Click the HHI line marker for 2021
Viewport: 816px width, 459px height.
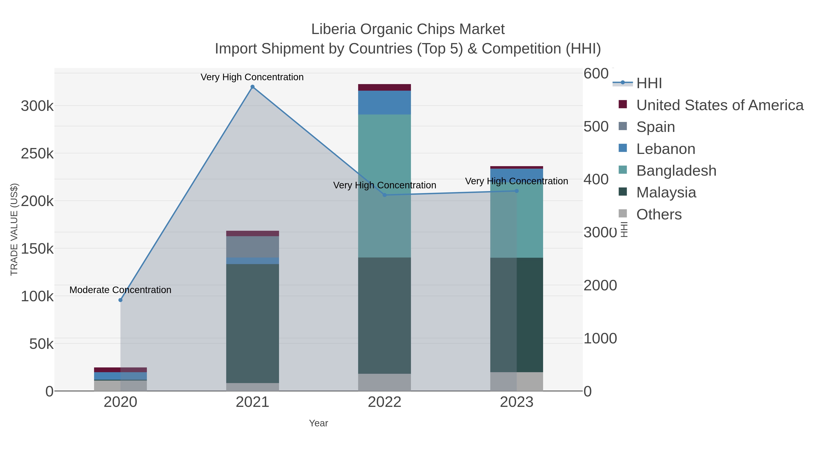pos(253,87)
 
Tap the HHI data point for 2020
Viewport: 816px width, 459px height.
pos(120,300)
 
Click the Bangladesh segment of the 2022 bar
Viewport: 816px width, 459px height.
pos(385,186)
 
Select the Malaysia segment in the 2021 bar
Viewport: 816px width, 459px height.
pos(253,323)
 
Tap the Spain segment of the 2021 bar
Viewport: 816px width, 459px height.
pos(253,247)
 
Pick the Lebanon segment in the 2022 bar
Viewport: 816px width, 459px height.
pos(385,102)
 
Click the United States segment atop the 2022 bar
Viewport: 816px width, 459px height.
pos(385,87)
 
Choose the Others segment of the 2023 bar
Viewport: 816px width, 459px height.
pos(517,381)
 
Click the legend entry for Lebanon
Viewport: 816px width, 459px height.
pos(665,149)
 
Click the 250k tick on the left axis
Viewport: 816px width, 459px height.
pos(37,154)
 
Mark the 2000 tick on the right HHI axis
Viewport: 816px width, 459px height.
pos(600,285)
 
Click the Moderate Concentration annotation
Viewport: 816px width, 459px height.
pos(120,290)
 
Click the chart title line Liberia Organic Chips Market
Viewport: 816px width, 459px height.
pos(408,29)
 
